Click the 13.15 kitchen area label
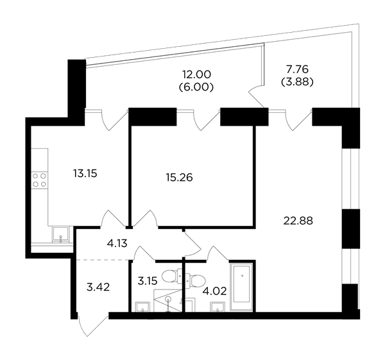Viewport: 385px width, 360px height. tap(85, 174)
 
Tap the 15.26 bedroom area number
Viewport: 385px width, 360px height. tap(179, 177)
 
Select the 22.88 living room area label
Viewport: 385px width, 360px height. tap(298, 221)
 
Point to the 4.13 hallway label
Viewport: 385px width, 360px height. tap(117, 243)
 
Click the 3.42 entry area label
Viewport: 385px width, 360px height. tap(98, 287)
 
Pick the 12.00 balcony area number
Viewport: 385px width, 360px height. tap(196, 74)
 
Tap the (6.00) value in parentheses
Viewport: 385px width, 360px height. tap(196, 87)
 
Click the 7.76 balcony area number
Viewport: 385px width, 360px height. tap(297, 69)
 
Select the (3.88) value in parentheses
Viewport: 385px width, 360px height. tap(297, 82)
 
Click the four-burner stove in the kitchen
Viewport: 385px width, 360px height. tap(40, 180)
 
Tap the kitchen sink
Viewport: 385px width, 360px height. tap(61, 235)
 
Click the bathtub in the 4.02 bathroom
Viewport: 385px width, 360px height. tap(242, 286)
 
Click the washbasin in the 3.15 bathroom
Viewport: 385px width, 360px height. tap(142, 307)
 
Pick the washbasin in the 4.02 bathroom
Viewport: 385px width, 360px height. tap(217, 307)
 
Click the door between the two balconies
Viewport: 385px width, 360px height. tap(257, 95)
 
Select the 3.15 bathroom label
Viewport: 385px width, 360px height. tap(148, 280)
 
